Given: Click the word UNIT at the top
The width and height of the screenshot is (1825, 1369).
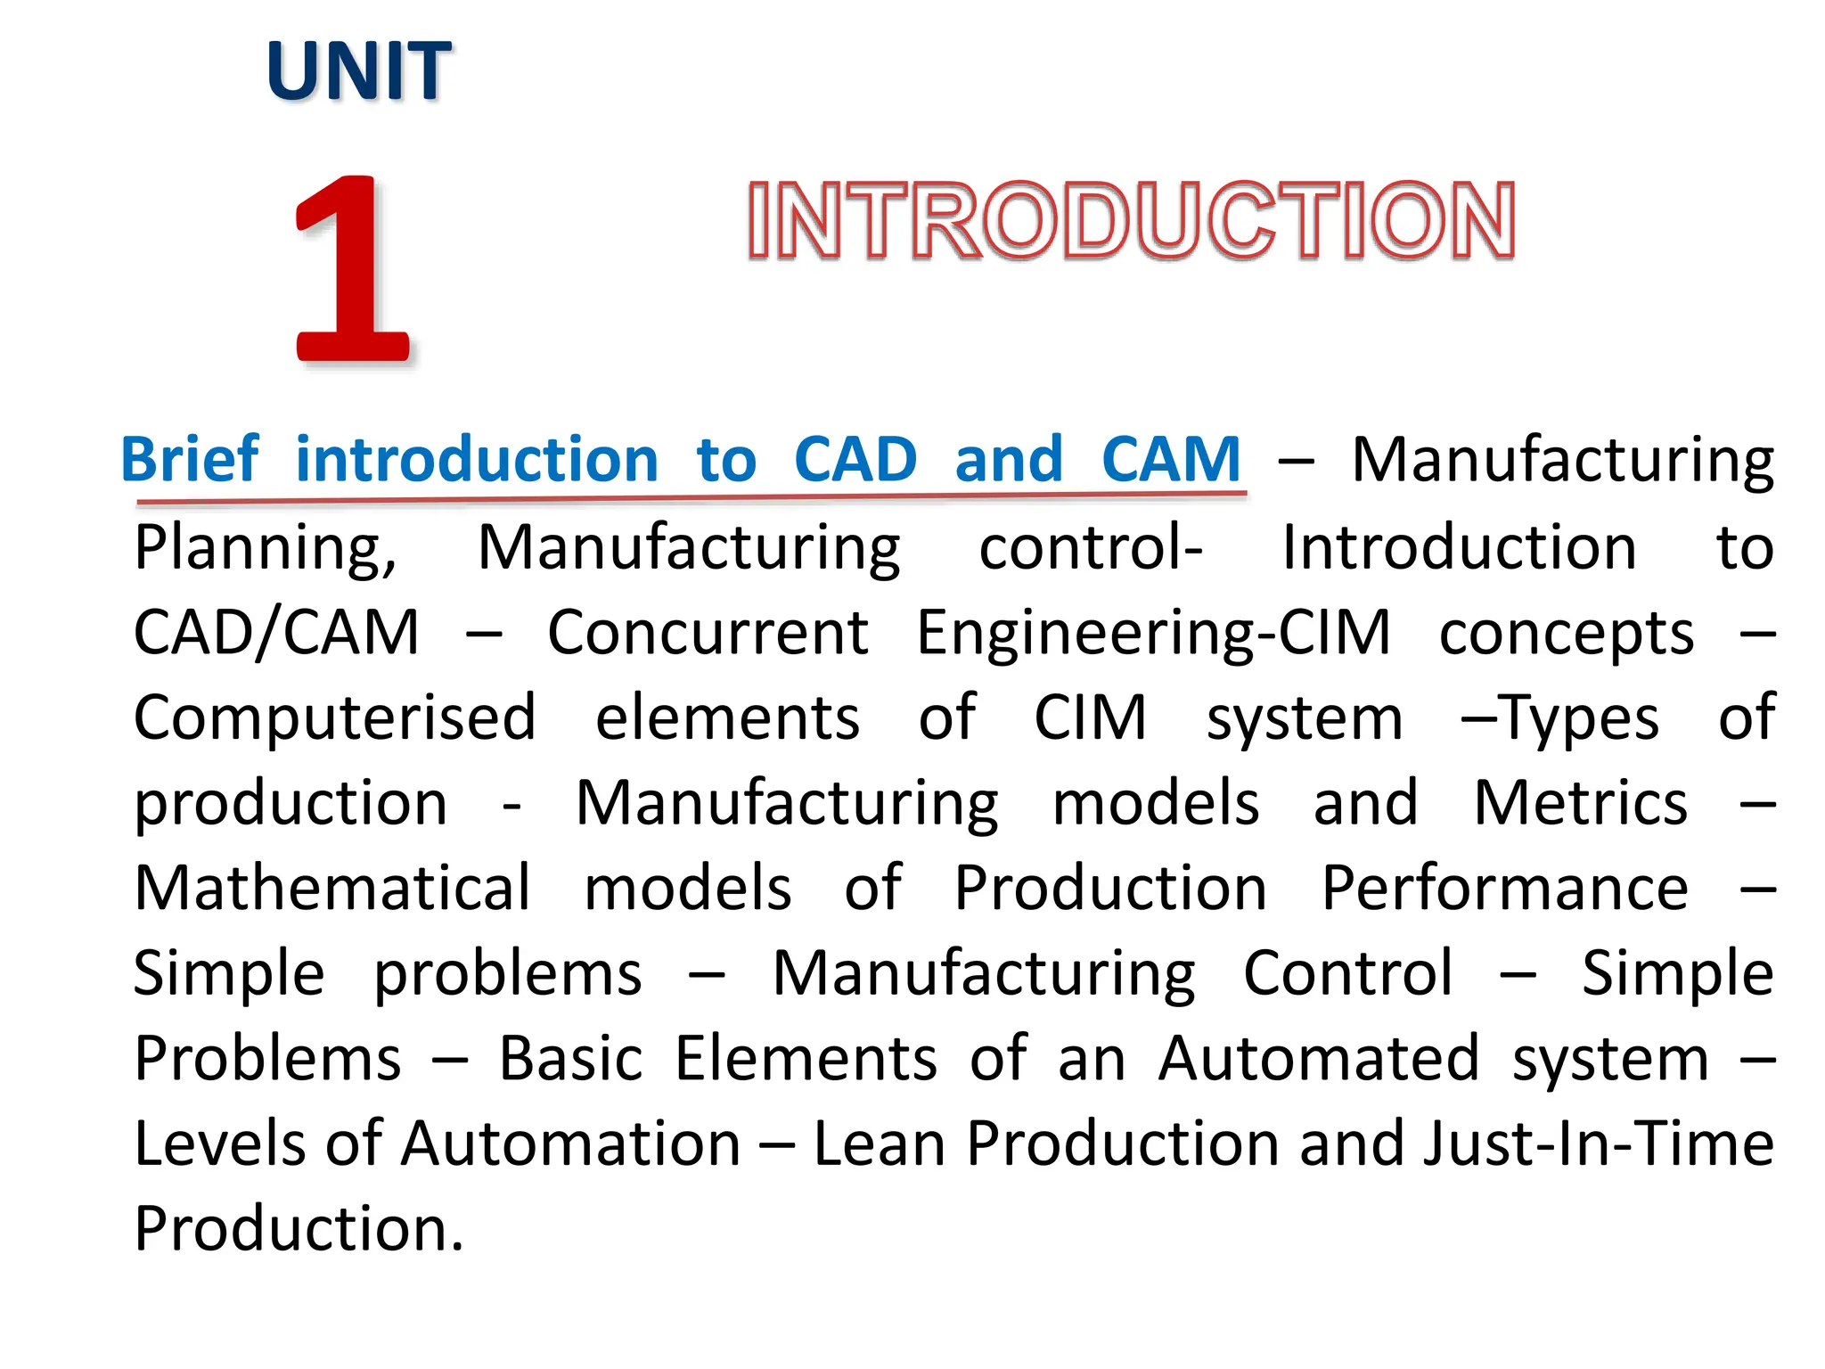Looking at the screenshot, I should [358, 71].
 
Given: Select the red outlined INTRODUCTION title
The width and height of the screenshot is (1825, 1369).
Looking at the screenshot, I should [1131, 220].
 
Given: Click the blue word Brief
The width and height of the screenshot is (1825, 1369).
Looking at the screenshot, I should [190, 460].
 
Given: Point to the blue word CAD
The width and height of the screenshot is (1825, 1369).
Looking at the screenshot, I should [855, 460].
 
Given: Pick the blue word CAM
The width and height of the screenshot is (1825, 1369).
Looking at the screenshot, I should [1170, 460].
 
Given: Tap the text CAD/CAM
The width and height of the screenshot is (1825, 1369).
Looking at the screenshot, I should [276, 633].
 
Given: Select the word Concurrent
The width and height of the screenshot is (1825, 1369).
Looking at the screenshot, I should [708, 633].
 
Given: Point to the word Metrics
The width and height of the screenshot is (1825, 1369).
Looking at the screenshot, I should [1580, 803].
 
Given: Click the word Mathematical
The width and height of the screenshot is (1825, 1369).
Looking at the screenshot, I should [332, 888].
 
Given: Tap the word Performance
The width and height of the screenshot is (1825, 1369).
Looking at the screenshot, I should [1504, 889].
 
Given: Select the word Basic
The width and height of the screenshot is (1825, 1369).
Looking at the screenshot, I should [570, 1059].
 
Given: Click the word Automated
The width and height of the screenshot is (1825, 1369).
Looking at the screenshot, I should [1319, 1059].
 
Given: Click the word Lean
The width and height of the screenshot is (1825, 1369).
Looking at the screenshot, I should [879, 1144].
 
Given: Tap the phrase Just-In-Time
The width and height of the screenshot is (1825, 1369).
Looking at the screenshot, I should [1598, 1144].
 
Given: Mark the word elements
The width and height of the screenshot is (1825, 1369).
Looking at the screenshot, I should [727, 718].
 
